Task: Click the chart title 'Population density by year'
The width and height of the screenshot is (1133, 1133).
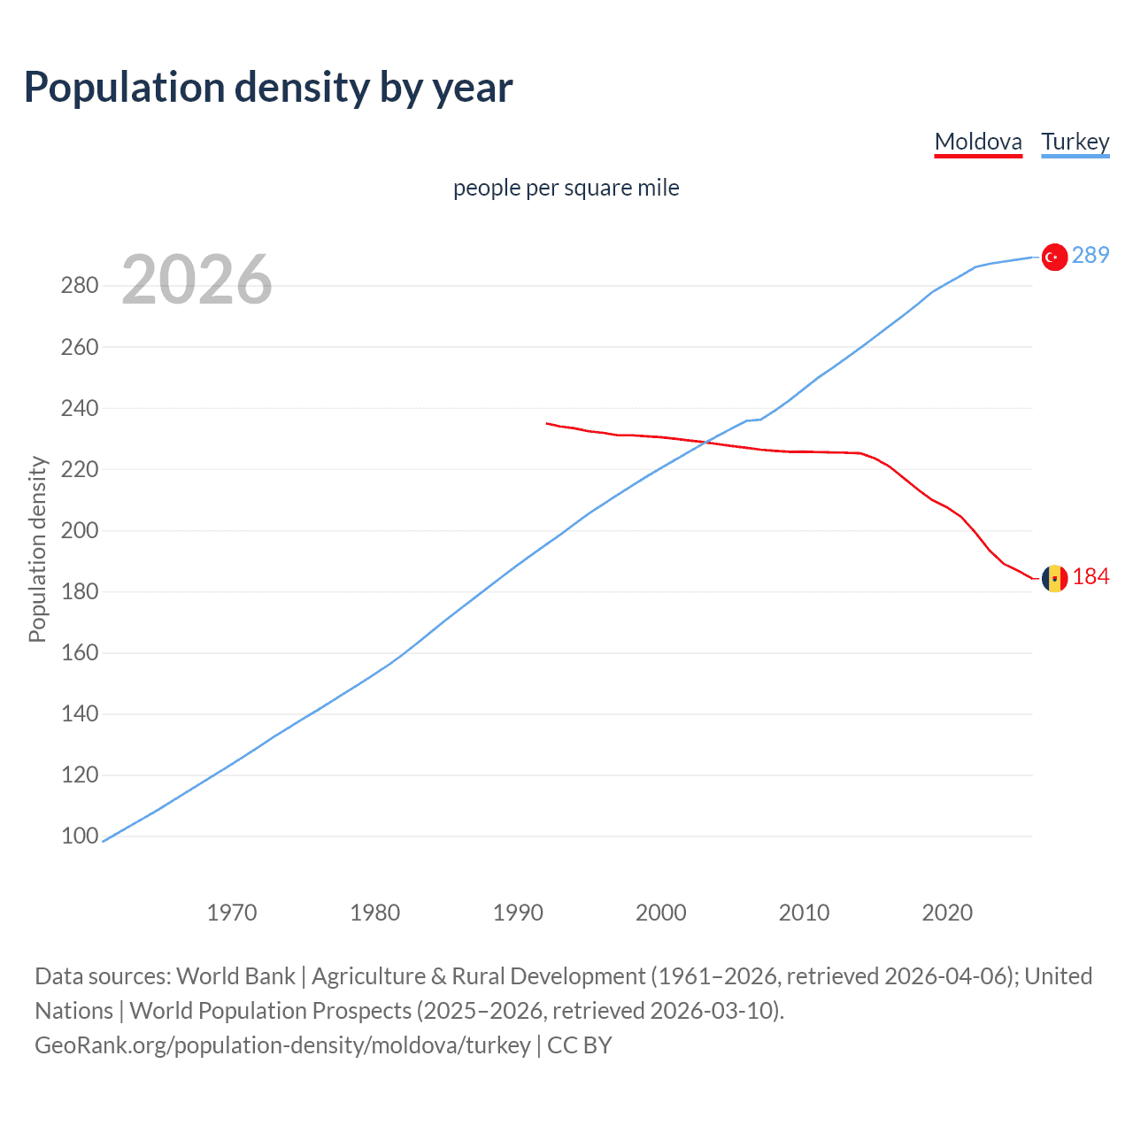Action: point(268,88)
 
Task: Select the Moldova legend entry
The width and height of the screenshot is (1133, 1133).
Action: point(978,142)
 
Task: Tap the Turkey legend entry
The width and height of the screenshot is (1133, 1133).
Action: point(1075,142)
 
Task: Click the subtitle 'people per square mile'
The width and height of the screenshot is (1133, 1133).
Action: point(566,188)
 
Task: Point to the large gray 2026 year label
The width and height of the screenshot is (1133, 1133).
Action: point(197,280)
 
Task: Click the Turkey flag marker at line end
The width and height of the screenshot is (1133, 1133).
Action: point(1053,257)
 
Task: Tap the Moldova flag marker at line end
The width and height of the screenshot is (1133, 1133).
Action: point(1053,578)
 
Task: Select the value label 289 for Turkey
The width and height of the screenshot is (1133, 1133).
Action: point(1090,255)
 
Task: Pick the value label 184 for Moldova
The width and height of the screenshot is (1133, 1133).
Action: point(1091,577)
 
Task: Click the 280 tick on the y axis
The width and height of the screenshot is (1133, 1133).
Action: point(80,286)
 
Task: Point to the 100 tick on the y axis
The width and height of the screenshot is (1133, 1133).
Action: point(80,836)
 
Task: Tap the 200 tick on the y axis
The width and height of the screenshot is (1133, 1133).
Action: point(80,531)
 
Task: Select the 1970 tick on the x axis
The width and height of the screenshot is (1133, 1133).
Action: point(232,913)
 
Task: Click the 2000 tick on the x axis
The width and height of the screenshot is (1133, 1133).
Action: point(661,913)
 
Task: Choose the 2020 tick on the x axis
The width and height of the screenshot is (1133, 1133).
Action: point(947,913)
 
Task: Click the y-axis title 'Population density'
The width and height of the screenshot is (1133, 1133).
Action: point(37,549)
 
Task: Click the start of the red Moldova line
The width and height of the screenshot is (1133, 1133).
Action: point(547,423)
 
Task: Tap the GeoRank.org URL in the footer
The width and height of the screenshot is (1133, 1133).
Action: point(282,1045)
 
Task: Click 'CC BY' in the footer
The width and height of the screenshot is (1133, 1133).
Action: point(580,1045)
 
